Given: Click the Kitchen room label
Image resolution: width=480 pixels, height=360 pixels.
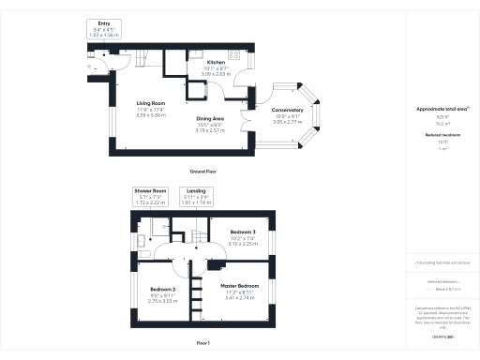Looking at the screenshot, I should [216, 63].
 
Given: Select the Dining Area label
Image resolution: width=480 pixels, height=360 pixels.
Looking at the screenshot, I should [209, 118].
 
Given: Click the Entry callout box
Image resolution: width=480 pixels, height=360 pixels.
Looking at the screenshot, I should [103, 29].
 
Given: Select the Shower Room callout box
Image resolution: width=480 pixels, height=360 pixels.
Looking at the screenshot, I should [149, 196].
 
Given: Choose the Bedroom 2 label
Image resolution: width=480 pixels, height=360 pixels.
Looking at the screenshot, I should [163, 290].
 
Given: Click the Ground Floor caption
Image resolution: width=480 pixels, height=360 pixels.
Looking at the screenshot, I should [203, 172].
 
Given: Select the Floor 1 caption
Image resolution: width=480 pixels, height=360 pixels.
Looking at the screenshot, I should [203, 343].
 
